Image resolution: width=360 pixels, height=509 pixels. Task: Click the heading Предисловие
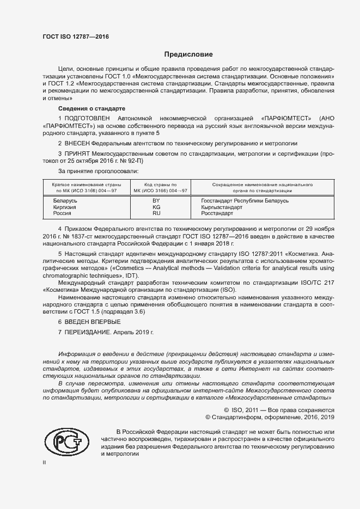[189, 54]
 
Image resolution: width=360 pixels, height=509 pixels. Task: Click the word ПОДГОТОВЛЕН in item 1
[88, 118]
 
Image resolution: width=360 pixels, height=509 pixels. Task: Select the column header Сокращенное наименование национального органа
[262, 188]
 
